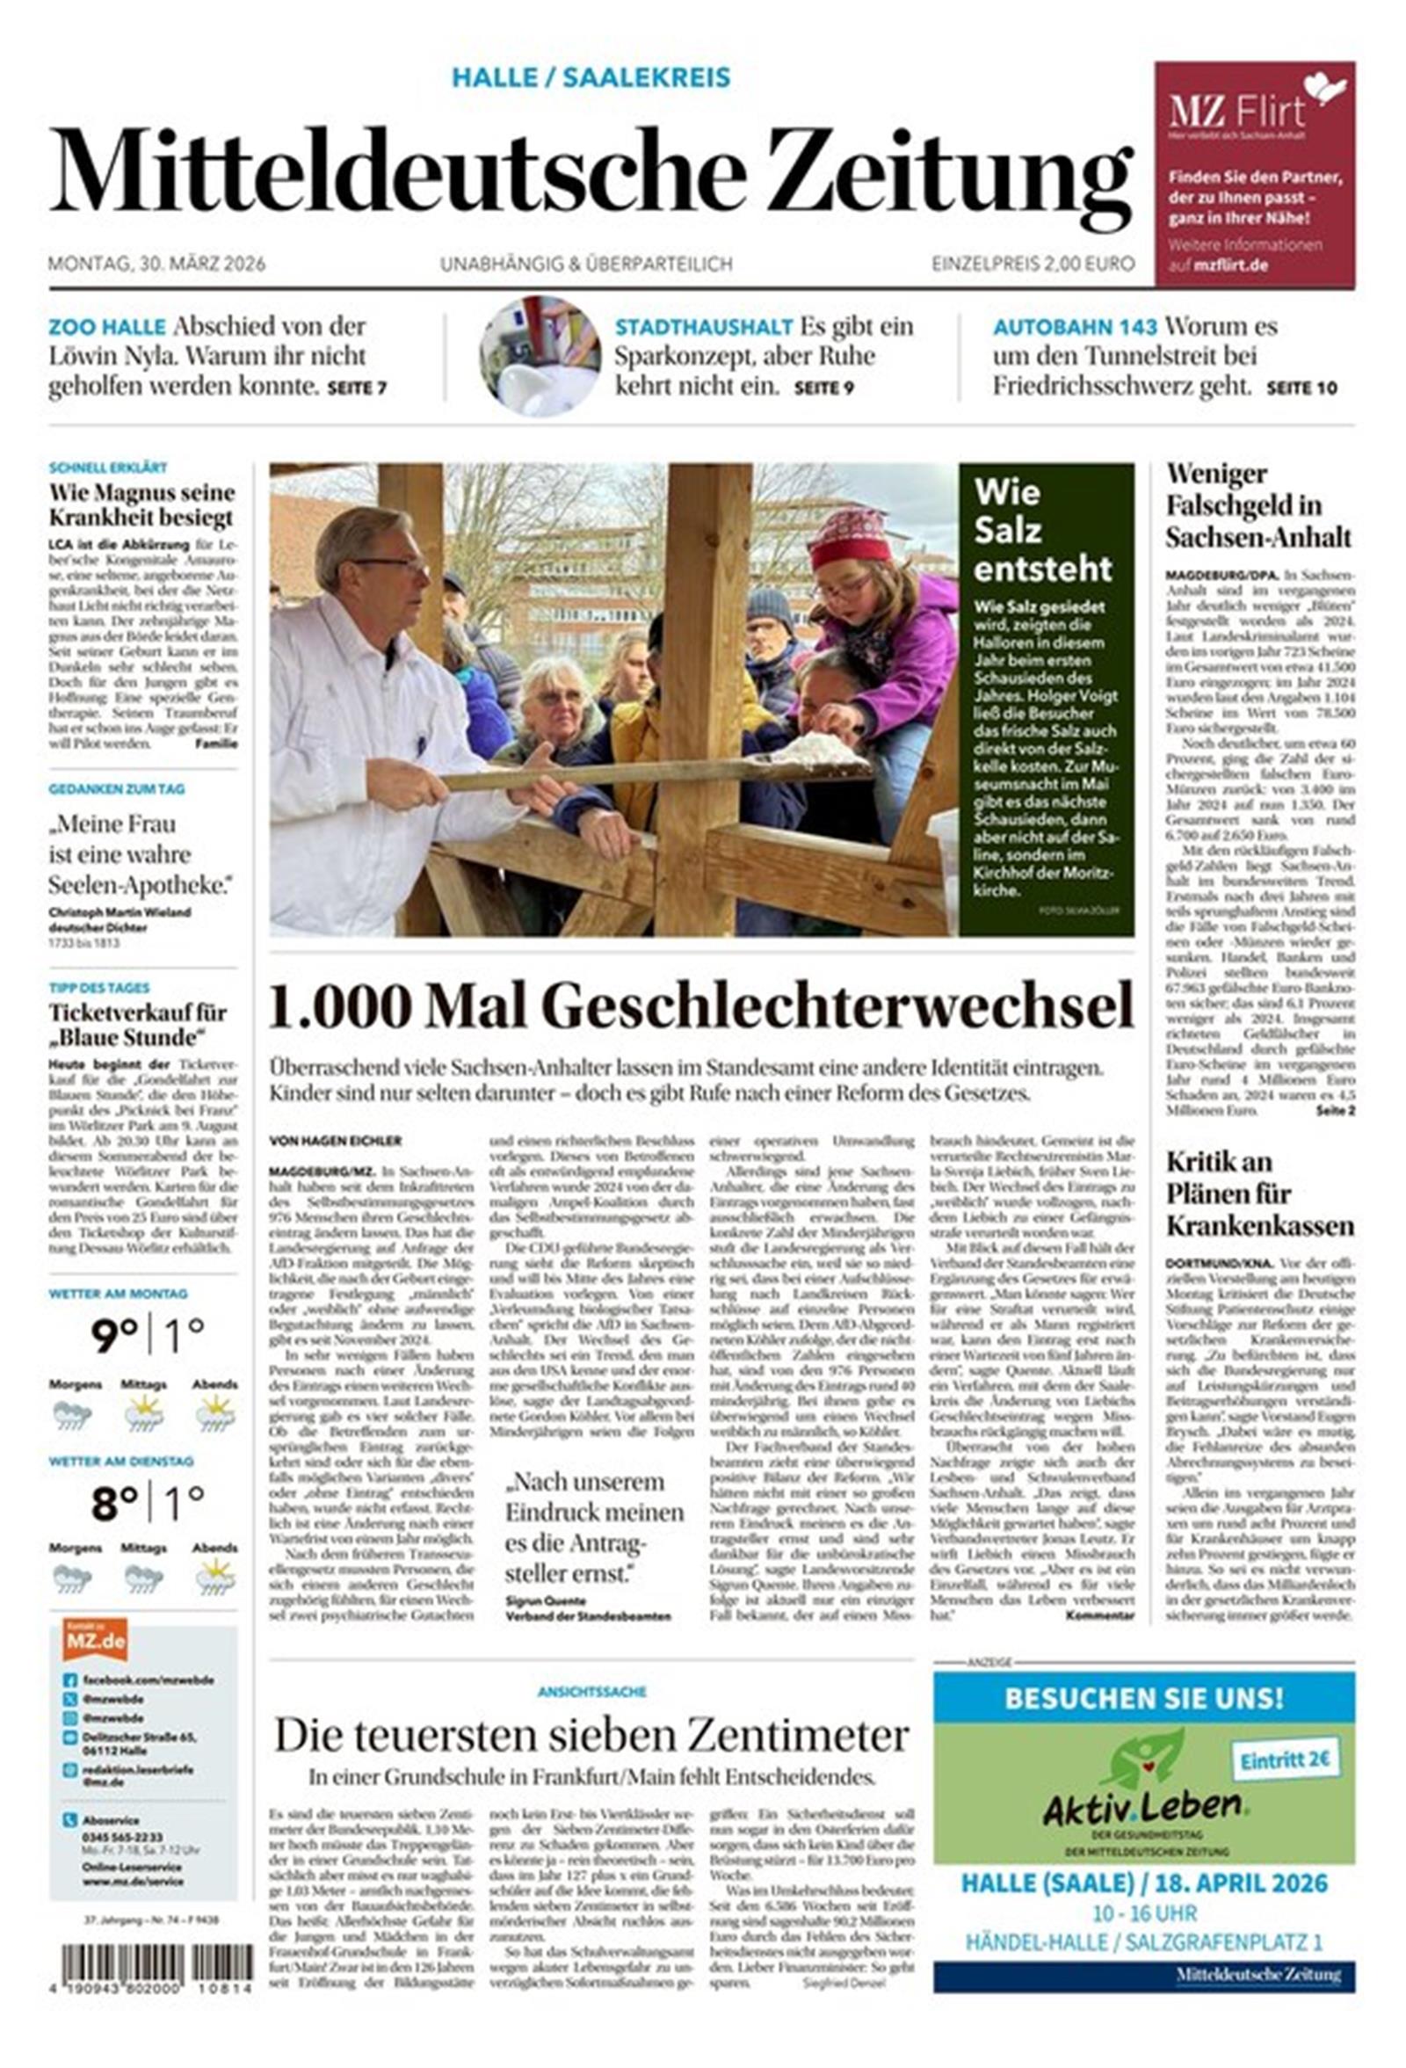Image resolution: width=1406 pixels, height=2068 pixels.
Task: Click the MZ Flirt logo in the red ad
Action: click(x=1237, y=112)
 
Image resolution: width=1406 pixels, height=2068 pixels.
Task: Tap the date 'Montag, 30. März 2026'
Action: click(x=156, y=264)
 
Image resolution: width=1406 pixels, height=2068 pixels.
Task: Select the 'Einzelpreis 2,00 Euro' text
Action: click(x=1033, y=264)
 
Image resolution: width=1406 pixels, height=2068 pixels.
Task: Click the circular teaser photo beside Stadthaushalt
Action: click(x=540, y=356)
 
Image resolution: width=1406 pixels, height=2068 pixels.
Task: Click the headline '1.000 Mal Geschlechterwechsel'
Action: click(x=701, y=1006)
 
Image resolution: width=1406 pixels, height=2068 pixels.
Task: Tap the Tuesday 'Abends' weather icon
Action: click(x=214, y=1578)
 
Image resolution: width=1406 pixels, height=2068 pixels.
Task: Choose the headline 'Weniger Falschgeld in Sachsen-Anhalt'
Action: click(x=1258, y=504)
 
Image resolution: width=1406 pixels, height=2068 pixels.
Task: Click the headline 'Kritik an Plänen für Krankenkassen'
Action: click(x=1259, y=1194)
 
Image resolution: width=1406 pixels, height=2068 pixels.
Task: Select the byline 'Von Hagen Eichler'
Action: click(x=336, y=1140)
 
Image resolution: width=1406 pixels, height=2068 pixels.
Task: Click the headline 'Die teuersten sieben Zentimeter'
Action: click(x=591, y=1734)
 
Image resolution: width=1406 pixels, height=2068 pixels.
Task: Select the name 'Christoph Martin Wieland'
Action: click(x=120, y=912)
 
